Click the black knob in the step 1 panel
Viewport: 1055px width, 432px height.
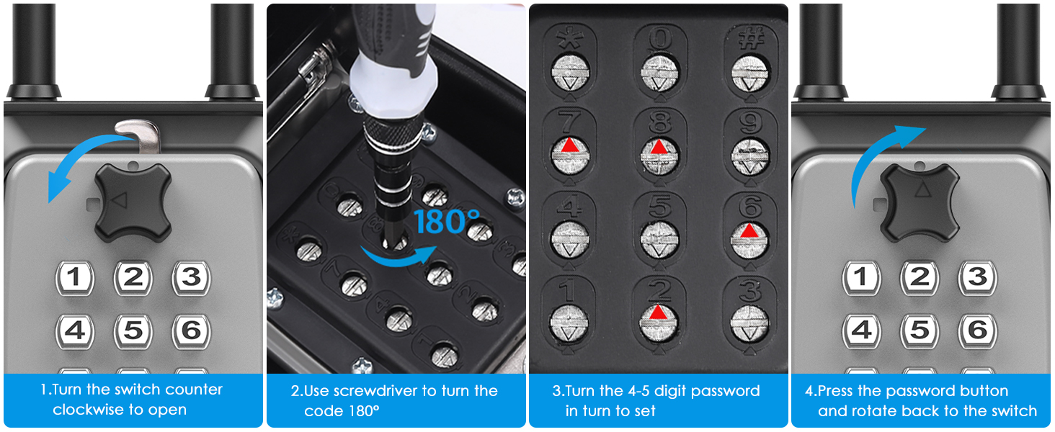[x=133, y=203]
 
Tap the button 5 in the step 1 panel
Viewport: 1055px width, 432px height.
[x=133, y=330]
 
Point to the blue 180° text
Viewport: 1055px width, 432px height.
[x=447, y=222]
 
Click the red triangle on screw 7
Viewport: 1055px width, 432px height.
[x=569, y=145]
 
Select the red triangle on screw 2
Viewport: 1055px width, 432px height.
[x=658, y=312]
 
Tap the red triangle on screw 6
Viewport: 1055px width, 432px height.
[x=749, y=230]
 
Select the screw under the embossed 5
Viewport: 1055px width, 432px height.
[x=659, y=240]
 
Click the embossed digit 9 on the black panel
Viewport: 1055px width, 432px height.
[x=750, y=124]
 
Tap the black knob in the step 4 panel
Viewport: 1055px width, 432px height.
[x=919, y=203]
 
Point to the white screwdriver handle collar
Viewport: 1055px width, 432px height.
[x=393, y=83]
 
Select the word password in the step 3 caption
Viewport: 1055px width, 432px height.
[x=725, y=391]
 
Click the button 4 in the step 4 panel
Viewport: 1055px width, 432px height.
[x=861, y=330]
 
